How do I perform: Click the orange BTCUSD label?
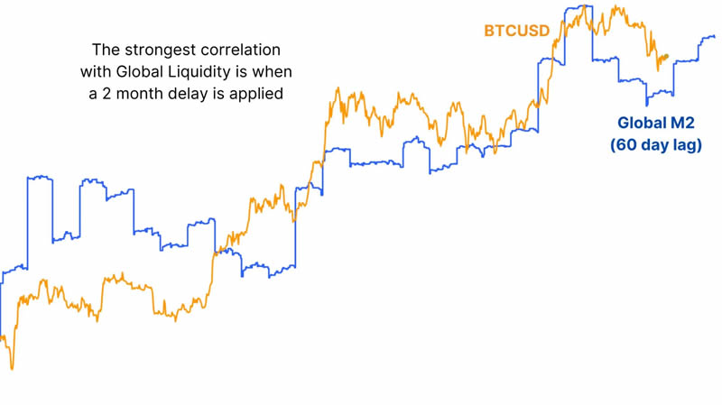pos(516,32)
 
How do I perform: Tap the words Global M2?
pos(655,123)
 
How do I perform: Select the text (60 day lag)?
pos(655,144)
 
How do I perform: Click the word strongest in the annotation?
pos(167,50)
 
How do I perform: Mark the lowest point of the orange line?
pos(12,368)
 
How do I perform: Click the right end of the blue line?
pos(714,37)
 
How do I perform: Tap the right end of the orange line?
pos(667,56)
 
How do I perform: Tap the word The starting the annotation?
pos(107,50)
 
